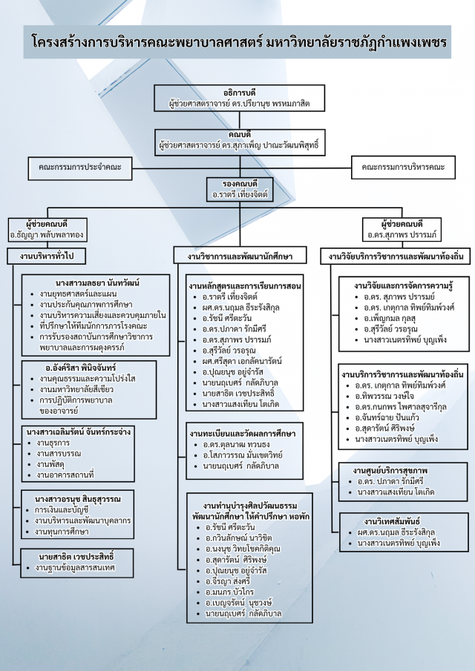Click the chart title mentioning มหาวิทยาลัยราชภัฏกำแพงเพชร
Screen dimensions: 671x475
point(237,42)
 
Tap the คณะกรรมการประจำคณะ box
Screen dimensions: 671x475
point(79,168)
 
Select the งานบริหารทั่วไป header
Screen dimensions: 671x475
point(47,257)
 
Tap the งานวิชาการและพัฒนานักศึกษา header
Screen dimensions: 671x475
point(235,257)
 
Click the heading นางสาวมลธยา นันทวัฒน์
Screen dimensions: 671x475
point(98,282)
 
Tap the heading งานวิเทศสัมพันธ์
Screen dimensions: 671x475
point(381,521)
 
